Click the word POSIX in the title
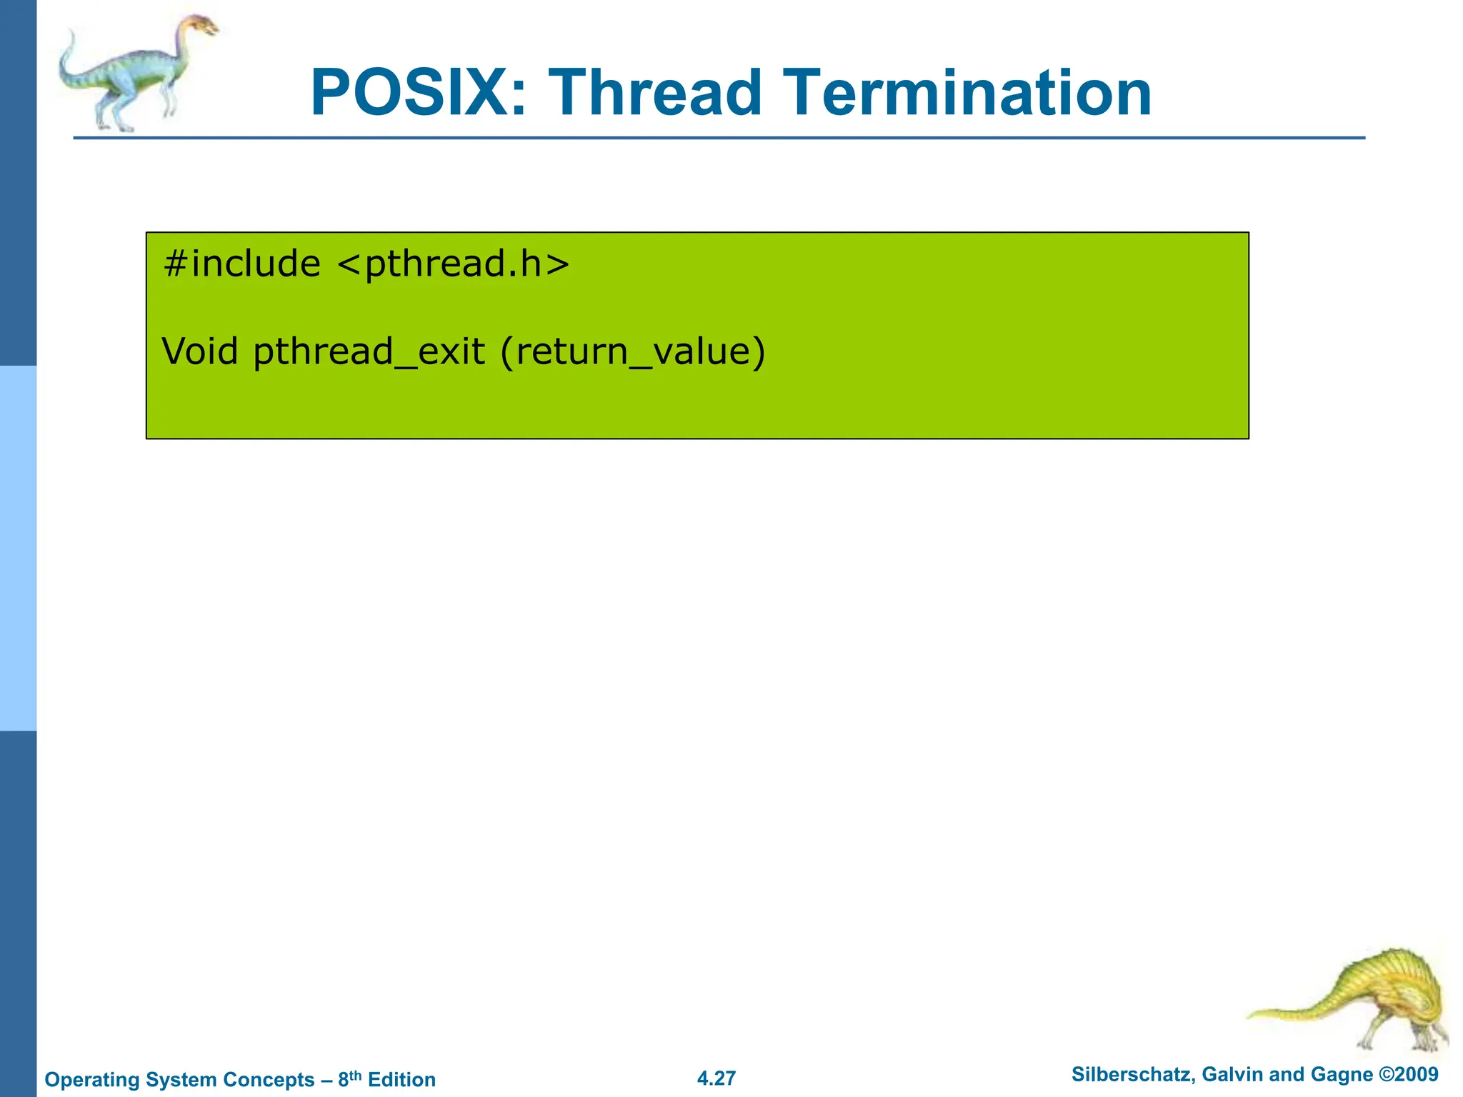pyautogui.click(x=419, y=93)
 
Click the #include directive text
pyautogui.click(x=241, y=264)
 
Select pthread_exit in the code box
pyautogui.click(x=369, y=353)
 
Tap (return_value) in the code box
pyautogui.click(x=633, y=353)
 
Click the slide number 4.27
pyautogui.click(x=716, y=1078)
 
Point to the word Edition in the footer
pyautogui.click(x=401, y=1080)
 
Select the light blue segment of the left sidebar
pyautogui.click(x=18, y=548)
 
